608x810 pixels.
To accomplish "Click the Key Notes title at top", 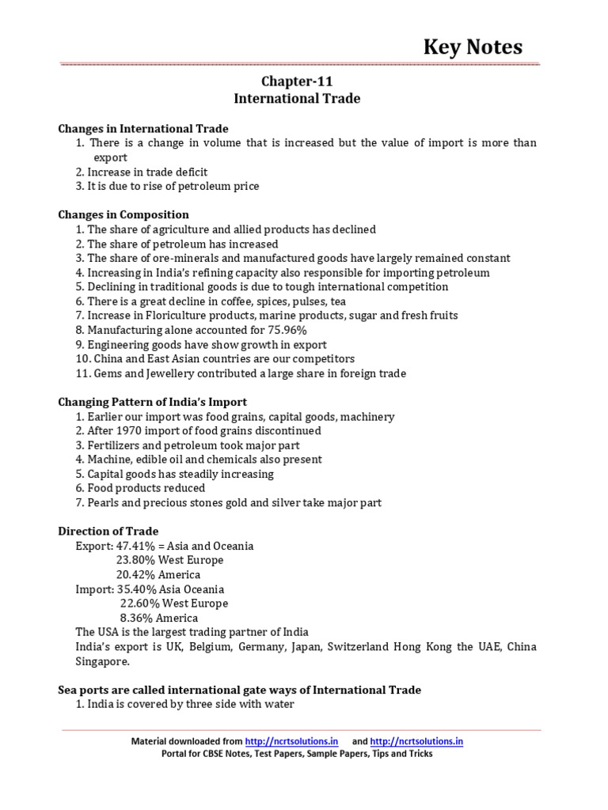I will pos(473,47).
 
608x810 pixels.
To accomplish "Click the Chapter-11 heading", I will pos(297,81).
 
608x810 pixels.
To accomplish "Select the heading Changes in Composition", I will pos(123,214).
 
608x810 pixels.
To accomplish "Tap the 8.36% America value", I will pos(135,618).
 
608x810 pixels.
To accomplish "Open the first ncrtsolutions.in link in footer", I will pos(291,741).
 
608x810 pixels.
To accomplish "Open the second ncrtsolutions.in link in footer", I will pos(416,741).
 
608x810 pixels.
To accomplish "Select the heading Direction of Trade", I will pos(108,531).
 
